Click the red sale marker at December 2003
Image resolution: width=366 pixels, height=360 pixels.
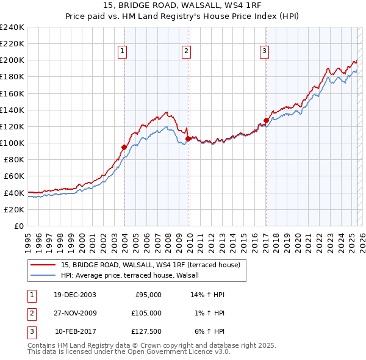coord(124,147)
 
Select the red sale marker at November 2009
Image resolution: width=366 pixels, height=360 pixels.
coord(188,139)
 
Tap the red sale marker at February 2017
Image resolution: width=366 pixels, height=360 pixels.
coord(266,120)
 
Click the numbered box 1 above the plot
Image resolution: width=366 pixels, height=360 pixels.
coord(123,52)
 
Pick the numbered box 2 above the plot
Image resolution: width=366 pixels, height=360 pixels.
coord(186,52)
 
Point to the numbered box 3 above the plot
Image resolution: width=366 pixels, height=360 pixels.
coord(265,52)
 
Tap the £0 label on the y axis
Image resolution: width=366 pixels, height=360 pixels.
coord(18,226)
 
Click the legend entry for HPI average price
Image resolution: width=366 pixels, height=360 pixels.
coord(134,276)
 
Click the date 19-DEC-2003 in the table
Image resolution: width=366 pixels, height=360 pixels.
coord(75,295)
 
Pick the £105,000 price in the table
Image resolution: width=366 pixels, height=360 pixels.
coord(147,313)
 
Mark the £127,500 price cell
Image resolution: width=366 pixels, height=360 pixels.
coord(147,331)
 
